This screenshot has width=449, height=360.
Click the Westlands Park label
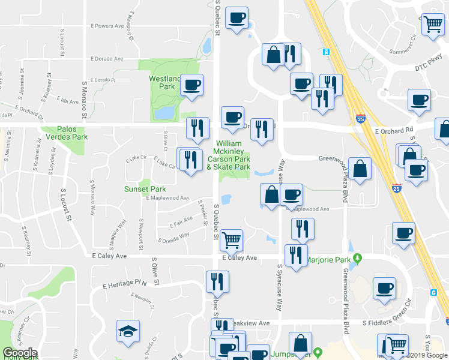point(165,82)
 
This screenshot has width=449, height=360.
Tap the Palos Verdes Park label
point(73,133)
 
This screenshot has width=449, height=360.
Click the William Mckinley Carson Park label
point(229,155)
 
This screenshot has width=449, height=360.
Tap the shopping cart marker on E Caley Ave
point(231,240)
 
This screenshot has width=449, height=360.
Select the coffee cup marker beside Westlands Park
point(191,85)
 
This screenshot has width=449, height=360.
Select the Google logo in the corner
point(19,353)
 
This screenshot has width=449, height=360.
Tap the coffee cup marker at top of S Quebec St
point(237,17)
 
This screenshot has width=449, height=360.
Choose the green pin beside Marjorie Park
point(358,259)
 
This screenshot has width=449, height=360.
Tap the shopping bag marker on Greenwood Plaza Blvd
point(360,169)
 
